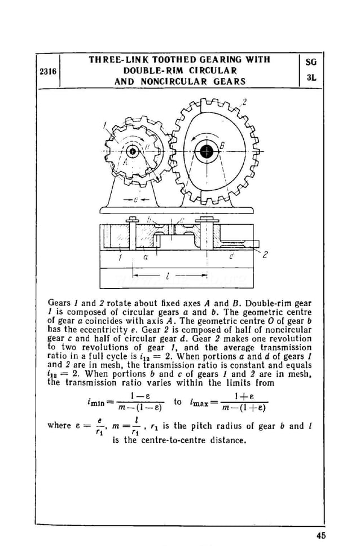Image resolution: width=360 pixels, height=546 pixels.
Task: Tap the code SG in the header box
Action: coord(311,62)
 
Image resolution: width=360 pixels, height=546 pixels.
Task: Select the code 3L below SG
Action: coord(311,78)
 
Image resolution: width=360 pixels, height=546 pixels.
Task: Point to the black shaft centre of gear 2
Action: coord(207,151)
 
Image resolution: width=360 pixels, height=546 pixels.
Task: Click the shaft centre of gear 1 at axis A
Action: coord(133,151)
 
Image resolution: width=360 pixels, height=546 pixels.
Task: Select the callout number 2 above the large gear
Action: coord(244,102)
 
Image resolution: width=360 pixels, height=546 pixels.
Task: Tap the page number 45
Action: coord(321,535)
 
